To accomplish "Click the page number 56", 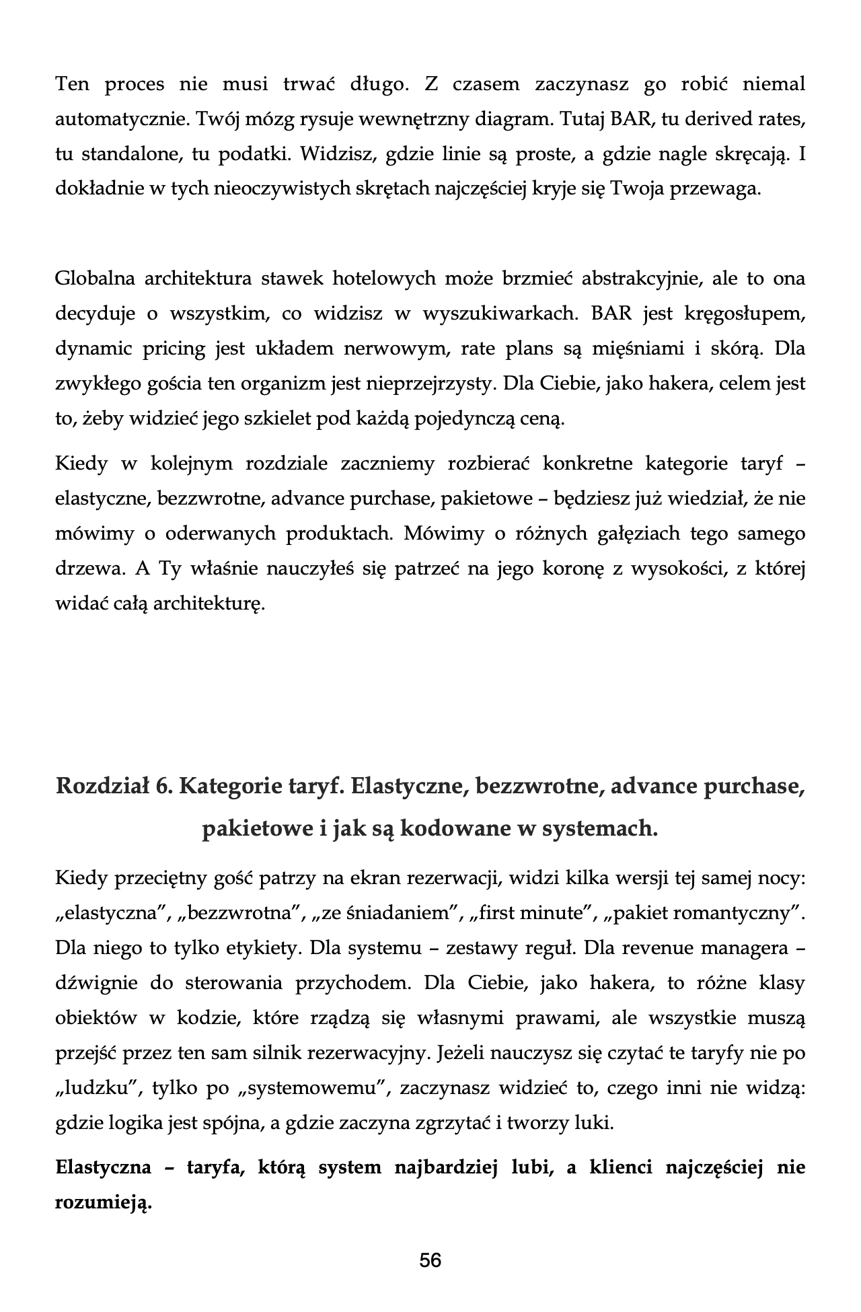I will [430, 1260].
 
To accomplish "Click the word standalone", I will [132, 155].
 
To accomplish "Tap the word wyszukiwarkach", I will [500, 314].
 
